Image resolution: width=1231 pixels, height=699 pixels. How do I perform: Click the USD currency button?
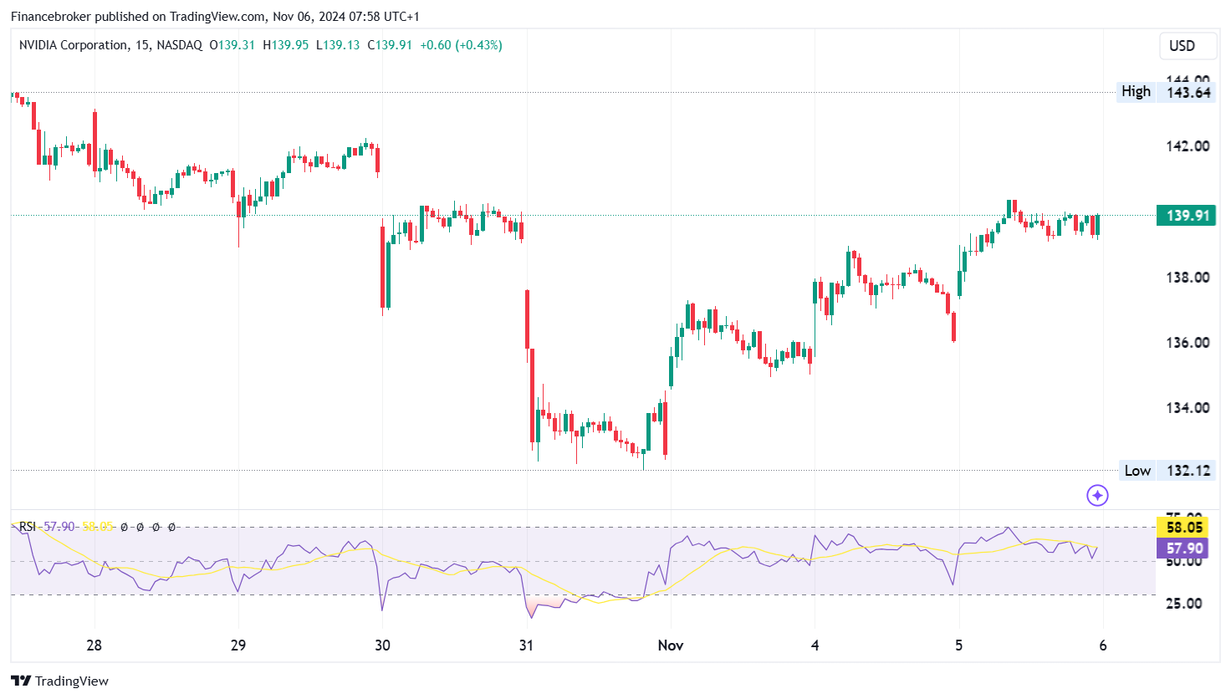pyautogui.click(x=1182, y=46)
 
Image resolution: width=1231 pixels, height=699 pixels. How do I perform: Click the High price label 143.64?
pyautogui.click(x=1188, y=92)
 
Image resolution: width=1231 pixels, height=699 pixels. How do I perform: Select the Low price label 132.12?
pyautogui.click(x=1188, y=471)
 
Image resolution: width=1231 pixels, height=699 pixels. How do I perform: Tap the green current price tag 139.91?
pyautogui.click(x=1188, y=216)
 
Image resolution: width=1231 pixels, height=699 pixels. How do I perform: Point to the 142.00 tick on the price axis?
pyautogui.click(x=1188, y=146)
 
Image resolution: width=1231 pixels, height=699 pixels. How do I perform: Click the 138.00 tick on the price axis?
pyautogui.click(x=1188, y=278)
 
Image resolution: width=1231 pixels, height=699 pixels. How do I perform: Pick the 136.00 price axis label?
pyautogui.click(x=1188, y=343)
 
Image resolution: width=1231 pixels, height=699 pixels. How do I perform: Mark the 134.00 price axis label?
pyautogui.click(x=1188, y=408)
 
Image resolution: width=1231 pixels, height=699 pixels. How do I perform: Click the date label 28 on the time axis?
pyautogui.click(x=94, y=645)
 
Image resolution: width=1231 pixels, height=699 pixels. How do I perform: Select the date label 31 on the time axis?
pyautogui.click(x=526, y=645)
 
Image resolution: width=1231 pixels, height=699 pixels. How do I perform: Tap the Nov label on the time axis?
pyautogui.click(x=671, y=645)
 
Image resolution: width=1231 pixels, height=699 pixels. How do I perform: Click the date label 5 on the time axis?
pyautogui.click(x=959, y=645)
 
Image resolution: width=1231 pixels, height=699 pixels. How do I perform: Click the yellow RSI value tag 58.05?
pyautogui.click(x=1183, y=528)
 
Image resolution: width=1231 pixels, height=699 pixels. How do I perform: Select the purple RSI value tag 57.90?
pyautogui.click(x=1183, y=548)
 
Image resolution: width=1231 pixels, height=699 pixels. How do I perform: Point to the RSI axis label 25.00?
pyautogui.click(x=1183, y=604)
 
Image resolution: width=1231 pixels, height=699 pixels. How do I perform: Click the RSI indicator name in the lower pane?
pyautogui.click(x=28, y=527)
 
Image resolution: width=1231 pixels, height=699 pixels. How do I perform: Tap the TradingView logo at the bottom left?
pyautogui.click(x=59, y=681)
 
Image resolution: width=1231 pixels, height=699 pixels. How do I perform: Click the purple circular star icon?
pyautogui.click(x=1097, y=496)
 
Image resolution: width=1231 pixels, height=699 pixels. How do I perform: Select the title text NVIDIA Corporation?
pyautogui.click(x=74, y=45)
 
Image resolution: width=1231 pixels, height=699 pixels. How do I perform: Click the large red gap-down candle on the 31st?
pyautogui.click(x=528, y=319)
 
